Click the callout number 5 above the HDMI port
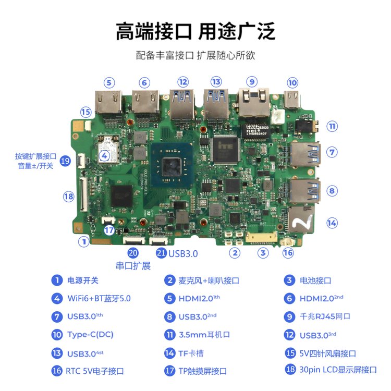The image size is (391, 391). click(x=109, y=83)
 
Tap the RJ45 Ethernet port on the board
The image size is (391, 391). click(x=254, y=102)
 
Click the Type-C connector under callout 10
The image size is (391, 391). click(x=292, y=99)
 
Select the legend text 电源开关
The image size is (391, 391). click(x=83, y=280)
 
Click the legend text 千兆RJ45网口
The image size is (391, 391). click(x=325, y=316)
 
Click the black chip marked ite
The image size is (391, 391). click(x=225, y=150)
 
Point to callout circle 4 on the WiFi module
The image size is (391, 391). click(x=104, y=156)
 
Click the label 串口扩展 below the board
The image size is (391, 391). click(x=133, y=266)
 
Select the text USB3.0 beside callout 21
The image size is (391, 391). click(x=184, y=253)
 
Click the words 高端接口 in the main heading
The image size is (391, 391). click(x=154, y=31)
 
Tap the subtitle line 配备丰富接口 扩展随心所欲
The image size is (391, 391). click(x=195, y=55)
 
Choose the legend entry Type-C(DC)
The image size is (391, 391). click(x=91, y=334)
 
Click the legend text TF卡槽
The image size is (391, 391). click(x=191, y=353)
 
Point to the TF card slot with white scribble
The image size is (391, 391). click(x=301, y=219)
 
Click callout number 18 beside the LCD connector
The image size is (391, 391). click(x=69, y=197)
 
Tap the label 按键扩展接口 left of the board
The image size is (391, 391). click(x=35, y=156)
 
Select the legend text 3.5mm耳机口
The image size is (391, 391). click(x=204, y=334)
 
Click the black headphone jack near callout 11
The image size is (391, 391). click(x=307, y=126)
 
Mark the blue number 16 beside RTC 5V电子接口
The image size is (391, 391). click(x=57, y=371)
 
